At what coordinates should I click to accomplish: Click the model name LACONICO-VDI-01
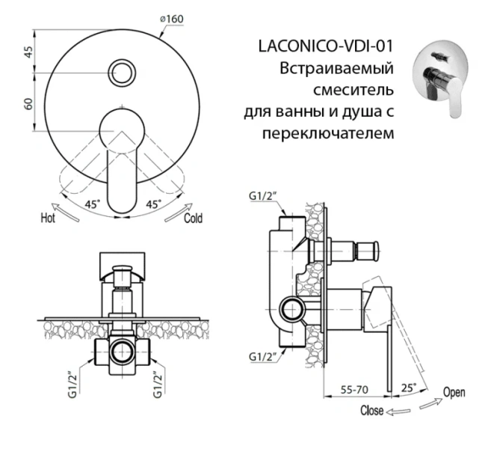coord(324,47)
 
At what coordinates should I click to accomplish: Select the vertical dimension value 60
coord(28,104)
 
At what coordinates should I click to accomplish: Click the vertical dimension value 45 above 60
coord(28,52)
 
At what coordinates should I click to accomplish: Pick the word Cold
coord(192,219)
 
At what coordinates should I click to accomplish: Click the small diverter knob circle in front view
coord(121,73)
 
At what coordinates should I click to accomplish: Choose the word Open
coord(454,392)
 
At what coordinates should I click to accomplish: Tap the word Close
coord(371,410)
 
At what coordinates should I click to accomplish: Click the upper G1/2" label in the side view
coord(262,197)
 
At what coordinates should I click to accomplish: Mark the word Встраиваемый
coord(336,69)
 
